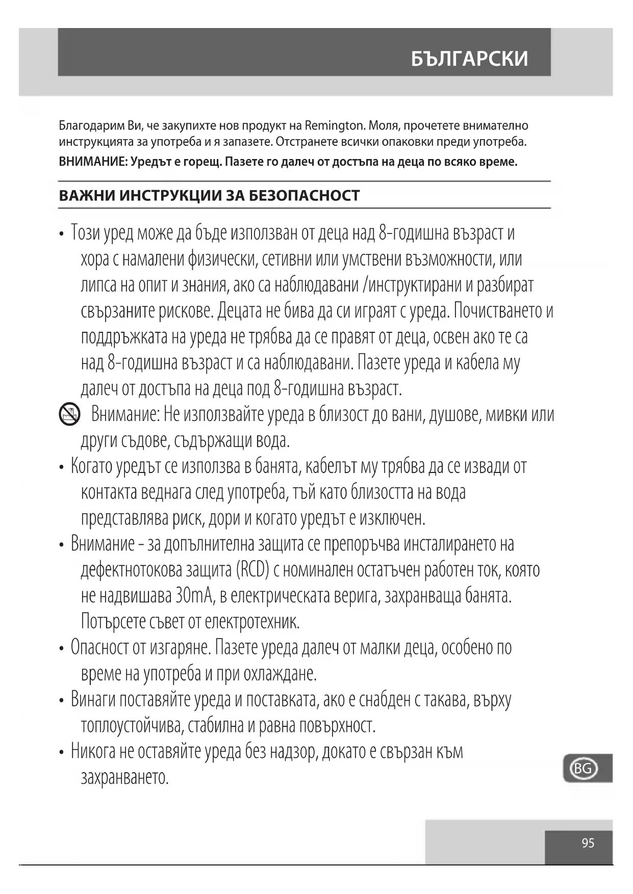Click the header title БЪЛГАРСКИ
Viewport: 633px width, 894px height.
click(469, 59)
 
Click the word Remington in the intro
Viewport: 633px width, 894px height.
click(334, 125)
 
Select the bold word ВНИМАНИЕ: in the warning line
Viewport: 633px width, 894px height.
click(93, 162)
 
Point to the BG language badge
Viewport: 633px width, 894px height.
click(583, 768)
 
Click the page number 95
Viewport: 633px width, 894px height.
click(588, 843)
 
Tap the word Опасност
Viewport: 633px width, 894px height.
click(100, 648)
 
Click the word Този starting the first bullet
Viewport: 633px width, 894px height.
click(85, 233)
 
